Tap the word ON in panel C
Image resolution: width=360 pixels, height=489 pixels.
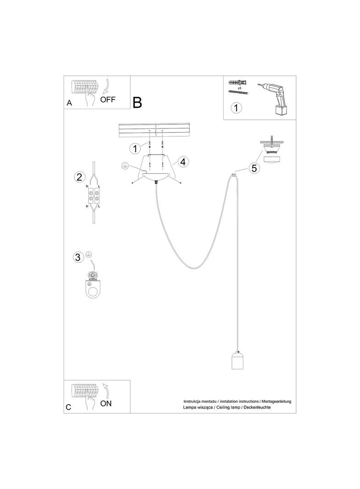(x=106, y=404)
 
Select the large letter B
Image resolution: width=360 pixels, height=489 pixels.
(x=137, y=102)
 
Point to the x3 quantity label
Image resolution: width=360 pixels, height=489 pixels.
(x=239, y=87)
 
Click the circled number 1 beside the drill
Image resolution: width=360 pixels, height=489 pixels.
(x=236, y=108)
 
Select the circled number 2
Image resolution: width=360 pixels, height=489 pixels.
(x=79, y=177)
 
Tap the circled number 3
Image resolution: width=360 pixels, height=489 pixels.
(x=78, y=257)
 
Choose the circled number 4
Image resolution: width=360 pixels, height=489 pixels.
(x=182, y=161)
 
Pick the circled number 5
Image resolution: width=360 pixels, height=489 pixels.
(x=254, y=168)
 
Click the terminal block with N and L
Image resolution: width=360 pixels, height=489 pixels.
(x=94, y=197)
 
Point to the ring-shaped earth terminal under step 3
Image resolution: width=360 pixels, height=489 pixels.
(x=94, y=288)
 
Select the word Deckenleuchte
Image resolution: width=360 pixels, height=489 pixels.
(x=257, y=407)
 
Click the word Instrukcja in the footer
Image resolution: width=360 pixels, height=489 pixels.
(x=193, y=401)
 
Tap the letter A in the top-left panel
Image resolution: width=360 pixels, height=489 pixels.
(x=69, y=103)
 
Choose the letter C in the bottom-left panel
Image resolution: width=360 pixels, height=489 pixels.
(x=68, y=407)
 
